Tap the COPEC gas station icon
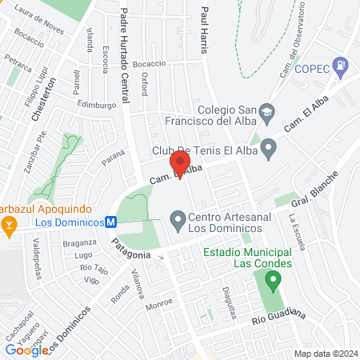342,64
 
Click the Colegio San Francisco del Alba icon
268,110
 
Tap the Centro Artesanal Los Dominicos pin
178,218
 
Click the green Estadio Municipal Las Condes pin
274,281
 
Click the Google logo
26,350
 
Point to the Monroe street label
159,305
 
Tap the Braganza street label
80,243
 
